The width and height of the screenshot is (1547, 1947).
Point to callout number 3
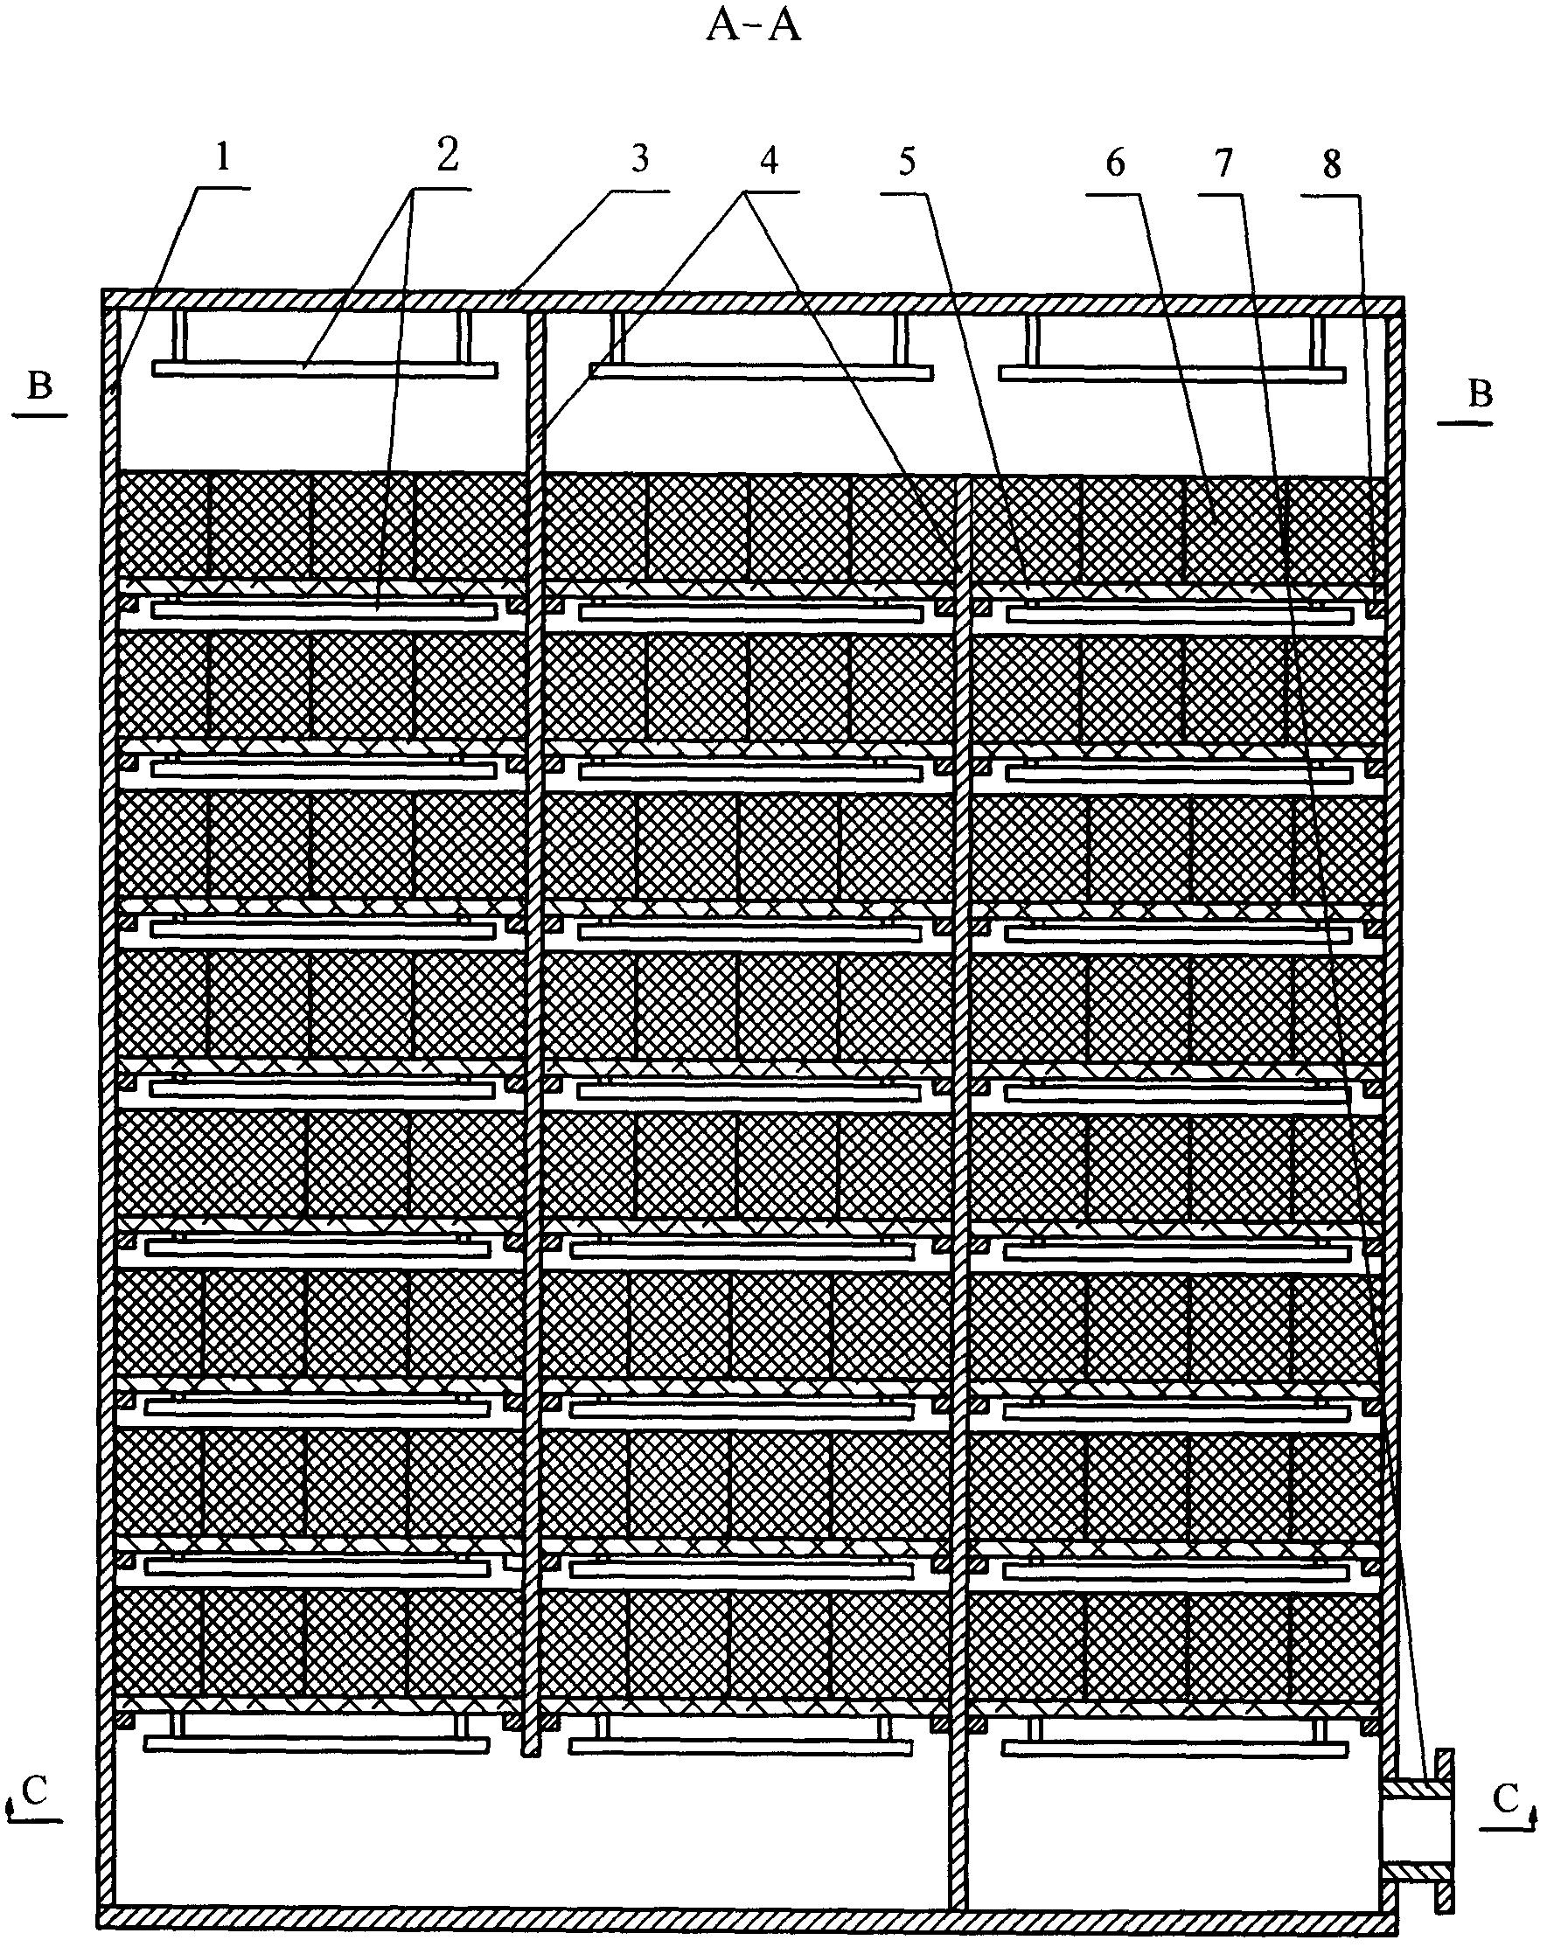click(x=639, y=159)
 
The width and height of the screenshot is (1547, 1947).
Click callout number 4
click(x=769, y=161)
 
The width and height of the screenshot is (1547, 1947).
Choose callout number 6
click(x=1116, y=163)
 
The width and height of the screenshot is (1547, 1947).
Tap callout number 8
click(x=1332, y=165)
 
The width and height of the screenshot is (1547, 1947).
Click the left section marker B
click(x=39, y=387)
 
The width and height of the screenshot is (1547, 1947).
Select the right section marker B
click(x=1481, y=395)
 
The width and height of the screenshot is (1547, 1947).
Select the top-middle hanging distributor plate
click(x=761, y=372)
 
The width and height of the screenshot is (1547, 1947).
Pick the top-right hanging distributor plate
click(x=1171, y=374)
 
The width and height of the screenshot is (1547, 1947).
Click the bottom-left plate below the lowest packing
click(x=316, y=1744)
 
